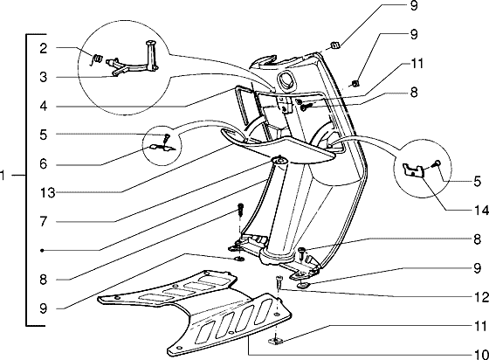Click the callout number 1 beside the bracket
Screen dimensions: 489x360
tap(3, 176)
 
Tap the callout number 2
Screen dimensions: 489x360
tap(44, 48)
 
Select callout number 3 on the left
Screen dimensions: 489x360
tap(44, 77)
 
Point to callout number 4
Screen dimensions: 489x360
tap(44, 106)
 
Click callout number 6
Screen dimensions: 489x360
tap(44, 163)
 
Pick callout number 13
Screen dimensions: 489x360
tap(48, 193)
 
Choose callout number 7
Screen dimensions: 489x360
tap(44, 221)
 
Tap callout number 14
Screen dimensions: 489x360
tap(481, 211)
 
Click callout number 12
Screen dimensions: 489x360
tap(481, 297)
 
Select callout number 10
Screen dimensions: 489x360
tap(481, 355)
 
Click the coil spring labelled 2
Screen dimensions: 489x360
tap(98, 58)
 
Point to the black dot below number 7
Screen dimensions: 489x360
tap(43, 250)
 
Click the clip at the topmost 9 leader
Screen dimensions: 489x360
tap(335, 45)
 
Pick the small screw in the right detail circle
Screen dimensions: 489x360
tap(437, 163)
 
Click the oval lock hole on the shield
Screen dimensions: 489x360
tap(286, 80)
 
